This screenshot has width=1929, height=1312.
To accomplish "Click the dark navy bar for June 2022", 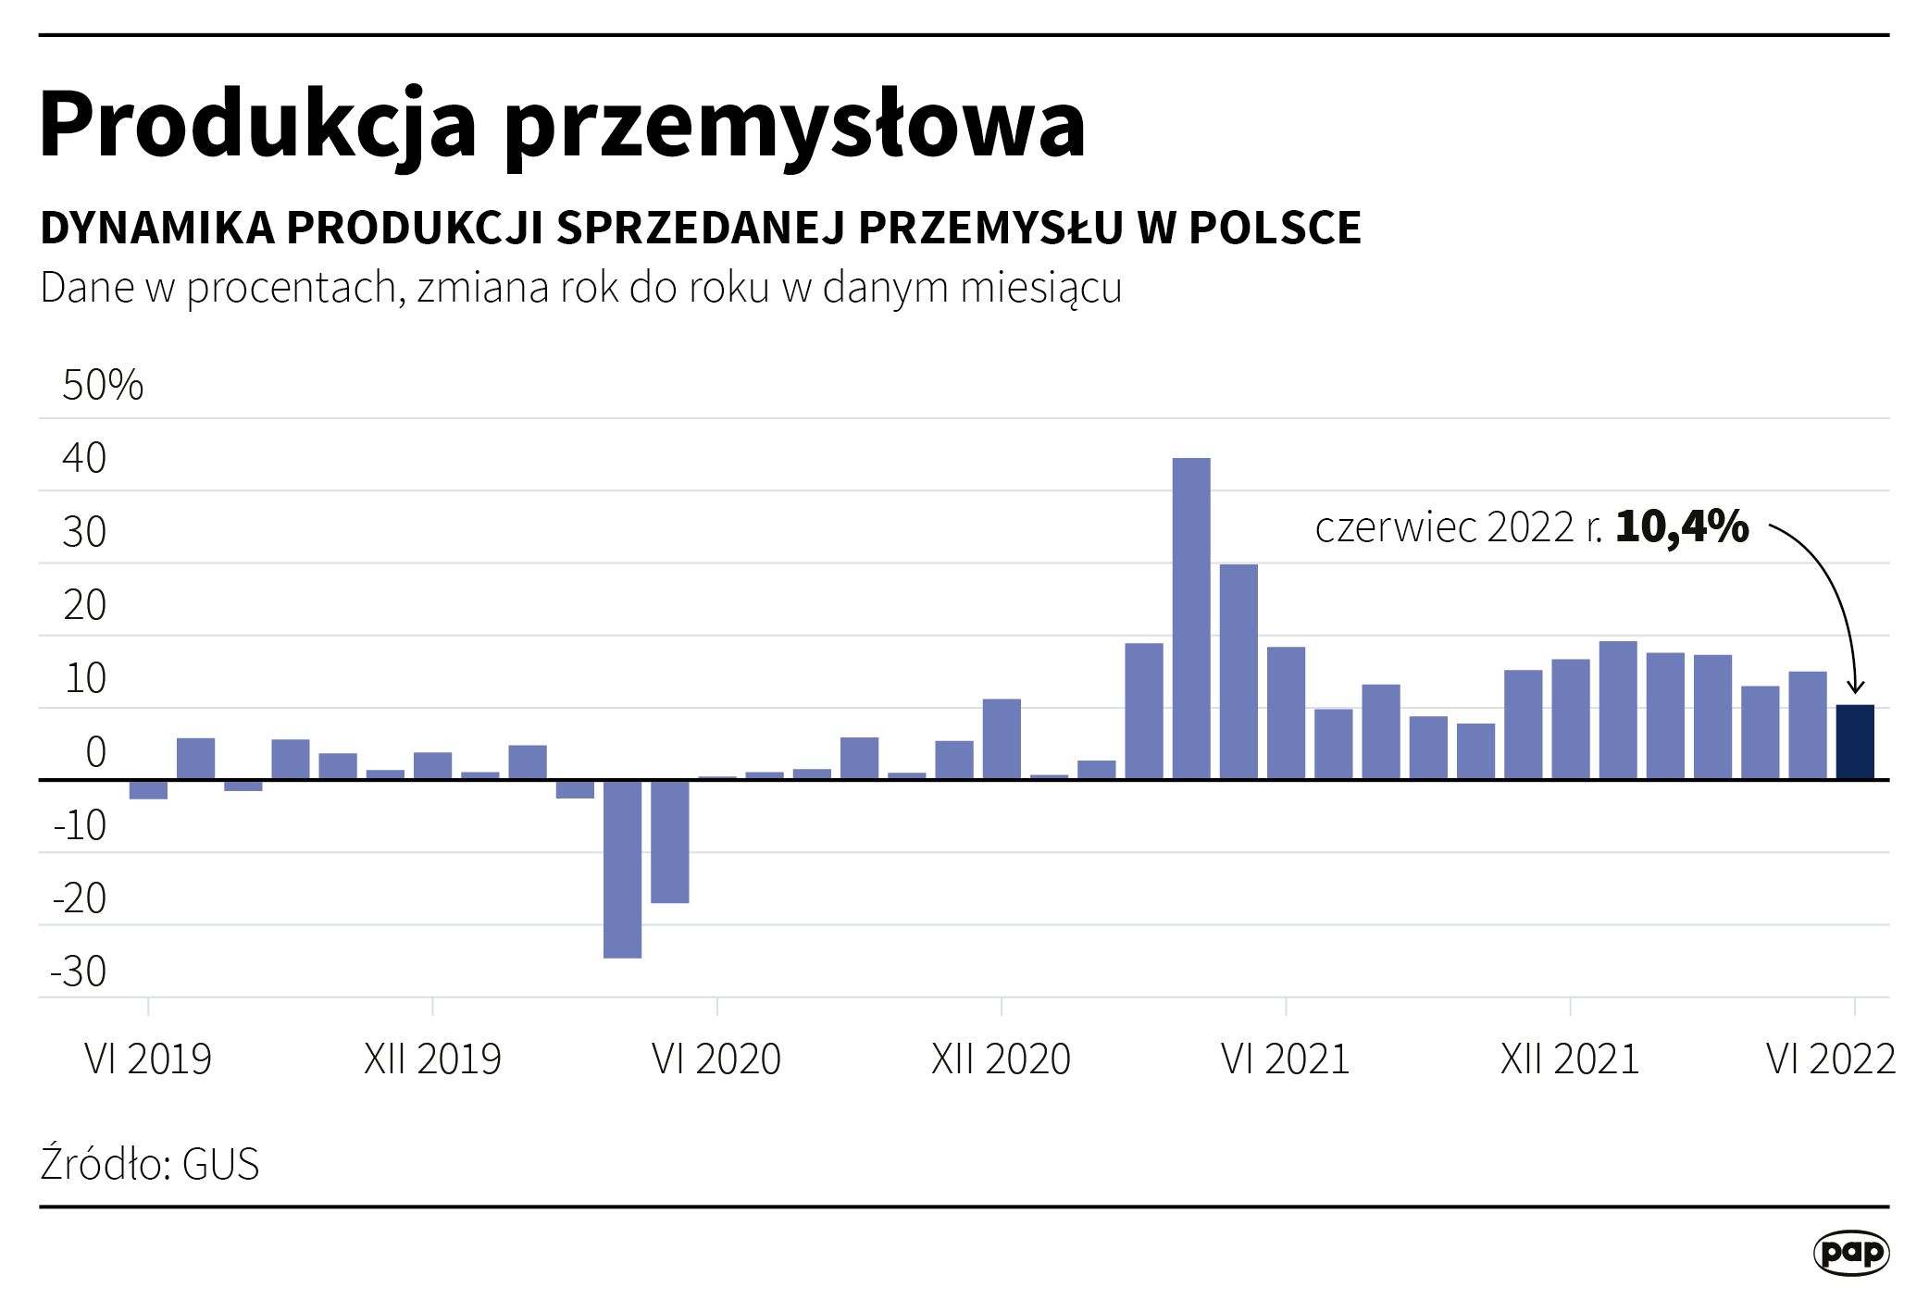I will [x=1854, y=742].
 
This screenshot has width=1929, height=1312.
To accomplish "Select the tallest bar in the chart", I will [x=1190, y=618].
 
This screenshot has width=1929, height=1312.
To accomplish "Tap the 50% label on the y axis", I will [x=103, y=385].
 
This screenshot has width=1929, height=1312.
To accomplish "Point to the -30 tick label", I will [x=79, y=972].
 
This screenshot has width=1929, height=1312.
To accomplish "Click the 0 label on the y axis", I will [x=95, y=752].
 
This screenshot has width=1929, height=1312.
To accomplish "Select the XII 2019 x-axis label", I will [x=432, y=1059].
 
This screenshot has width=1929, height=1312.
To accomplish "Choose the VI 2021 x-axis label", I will [x=1285, y=1059].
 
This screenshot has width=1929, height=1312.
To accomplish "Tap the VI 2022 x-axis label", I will [x=1830, y=1059].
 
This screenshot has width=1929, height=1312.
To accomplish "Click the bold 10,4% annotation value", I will [x=1682, y=527].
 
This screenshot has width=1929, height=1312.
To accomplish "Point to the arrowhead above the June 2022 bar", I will [x=1854, y=687].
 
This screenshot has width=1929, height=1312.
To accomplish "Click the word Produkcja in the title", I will [x=258, y=125].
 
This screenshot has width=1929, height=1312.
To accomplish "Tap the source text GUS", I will [x=220, y=1164].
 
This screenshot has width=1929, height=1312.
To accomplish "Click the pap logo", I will [x=1850, y=1253].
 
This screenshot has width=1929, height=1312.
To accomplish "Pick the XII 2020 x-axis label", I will [x=1001, y=1059].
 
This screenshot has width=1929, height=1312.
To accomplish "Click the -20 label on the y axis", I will [x=80, y=898].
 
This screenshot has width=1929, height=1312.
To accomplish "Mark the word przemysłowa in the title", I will [x=795, y=125].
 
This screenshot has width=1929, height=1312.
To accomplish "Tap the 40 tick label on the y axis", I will [x=84, y=458].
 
